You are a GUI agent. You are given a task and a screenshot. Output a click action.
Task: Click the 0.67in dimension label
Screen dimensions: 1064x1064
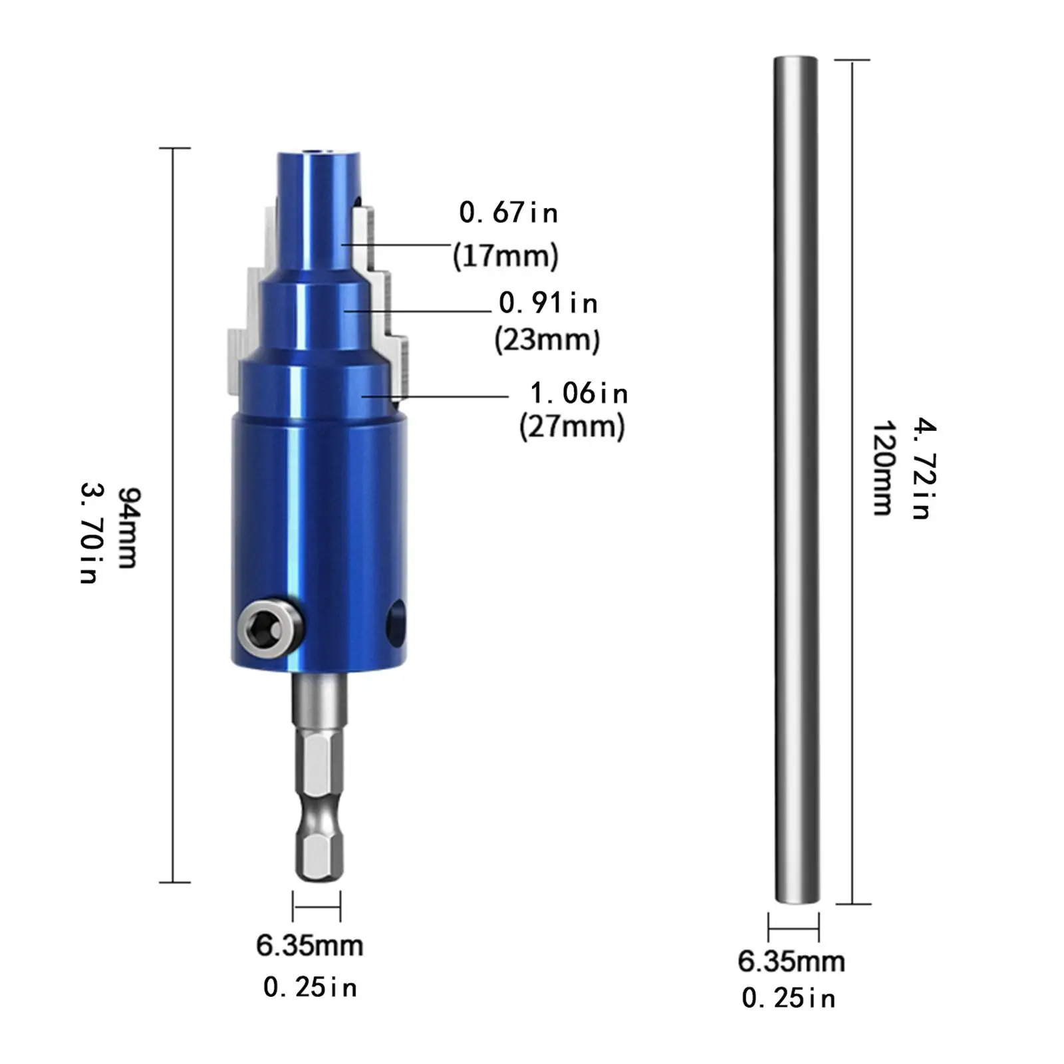click(509, 213)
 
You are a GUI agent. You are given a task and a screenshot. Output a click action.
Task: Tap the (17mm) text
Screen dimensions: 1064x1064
click(505, 256)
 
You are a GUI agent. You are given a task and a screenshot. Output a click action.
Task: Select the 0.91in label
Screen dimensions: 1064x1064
click(549, 303)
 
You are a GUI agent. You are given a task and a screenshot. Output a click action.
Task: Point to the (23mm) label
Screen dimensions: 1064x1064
click(547, 340)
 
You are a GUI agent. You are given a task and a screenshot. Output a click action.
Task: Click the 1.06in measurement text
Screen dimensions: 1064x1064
click(579, 394)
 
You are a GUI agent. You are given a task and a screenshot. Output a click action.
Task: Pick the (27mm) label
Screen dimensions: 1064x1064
click(572, 426)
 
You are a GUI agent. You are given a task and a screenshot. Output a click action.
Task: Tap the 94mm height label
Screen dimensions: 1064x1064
click(128, 528)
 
